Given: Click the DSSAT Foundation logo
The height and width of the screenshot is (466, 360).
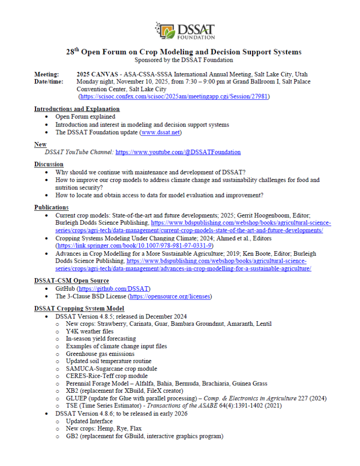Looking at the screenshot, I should click(184, 30).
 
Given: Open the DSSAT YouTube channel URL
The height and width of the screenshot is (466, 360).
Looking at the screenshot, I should click(178, 152).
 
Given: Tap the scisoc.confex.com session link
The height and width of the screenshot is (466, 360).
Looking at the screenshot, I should click(174, 96).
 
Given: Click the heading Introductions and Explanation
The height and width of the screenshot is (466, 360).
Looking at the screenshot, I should click(77, 109).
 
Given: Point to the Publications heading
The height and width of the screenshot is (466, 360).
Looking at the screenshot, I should click(51, 208).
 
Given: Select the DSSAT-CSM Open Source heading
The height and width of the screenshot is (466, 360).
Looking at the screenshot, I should click(71, 280).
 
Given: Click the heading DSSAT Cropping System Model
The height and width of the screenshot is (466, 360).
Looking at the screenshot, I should click(79, 309).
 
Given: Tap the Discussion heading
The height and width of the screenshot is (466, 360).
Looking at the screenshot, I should click(49, 164).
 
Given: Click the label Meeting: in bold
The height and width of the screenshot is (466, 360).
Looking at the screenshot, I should click(46, 74).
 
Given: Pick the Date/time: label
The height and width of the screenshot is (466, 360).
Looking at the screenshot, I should click(49, 81).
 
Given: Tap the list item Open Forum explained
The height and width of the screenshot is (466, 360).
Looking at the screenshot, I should click(85, 117).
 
